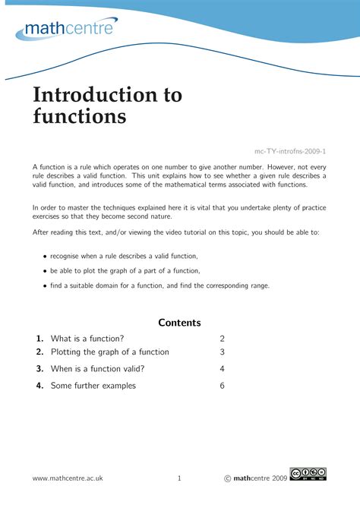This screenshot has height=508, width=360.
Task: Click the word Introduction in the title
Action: click(88, 95)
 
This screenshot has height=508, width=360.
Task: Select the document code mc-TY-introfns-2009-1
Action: click(290, 152)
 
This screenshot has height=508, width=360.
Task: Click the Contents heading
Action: click(179, 322)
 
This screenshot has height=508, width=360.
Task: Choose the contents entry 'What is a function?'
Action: click(87, 339)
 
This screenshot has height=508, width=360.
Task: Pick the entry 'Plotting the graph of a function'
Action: click(110, 352)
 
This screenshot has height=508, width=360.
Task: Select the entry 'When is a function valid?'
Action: click(97, 369)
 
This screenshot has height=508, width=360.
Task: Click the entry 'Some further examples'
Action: click(93, 386)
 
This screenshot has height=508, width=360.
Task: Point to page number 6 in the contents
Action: click(223, 386)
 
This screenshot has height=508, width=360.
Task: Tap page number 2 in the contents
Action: click(223, 339)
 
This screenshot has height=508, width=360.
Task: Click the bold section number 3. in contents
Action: click(39, 369)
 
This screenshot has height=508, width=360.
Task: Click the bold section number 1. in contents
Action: click(39, 339)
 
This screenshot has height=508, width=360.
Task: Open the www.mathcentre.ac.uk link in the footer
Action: click(68, 478)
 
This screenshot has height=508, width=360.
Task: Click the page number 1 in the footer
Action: click(179, 478)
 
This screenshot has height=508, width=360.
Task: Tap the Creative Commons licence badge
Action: click(308, 475)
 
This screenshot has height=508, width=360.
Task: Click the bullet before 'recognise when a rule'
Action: click(45, 257)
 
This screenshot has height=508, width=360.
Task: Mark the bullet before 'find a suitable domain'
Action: click(45, 286)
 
